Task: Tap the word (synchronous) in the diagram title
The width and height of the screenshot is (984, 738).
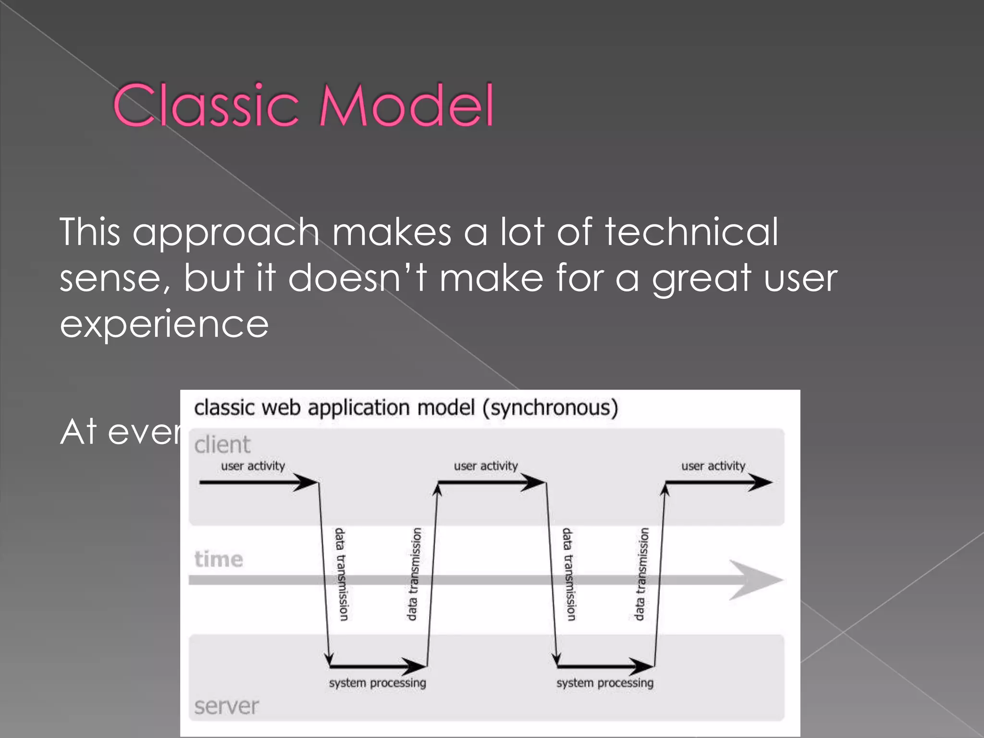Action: point(550,408)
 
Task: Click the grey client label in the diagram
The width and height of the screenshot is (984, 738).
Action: point(222,444)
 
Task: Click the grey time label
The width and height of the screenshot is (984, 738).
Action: point(219,559)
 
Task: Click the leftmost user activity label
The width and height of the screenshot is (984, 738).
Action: point(253,466)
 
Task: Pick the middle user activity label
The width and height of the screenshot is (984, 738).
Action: point(486,466)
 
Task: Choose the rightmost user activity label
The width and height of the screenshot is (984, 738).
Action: point(713,466)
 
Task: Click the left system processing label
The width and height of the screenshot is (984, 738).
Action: point(377,683)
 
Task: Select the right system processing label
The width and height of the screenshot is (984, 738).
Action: point(605,683)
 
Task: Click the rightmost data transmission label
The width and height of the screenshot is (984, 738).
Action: point(641,574)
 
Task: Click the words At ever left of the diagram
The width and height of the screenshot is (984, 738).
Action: point(120,432)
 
